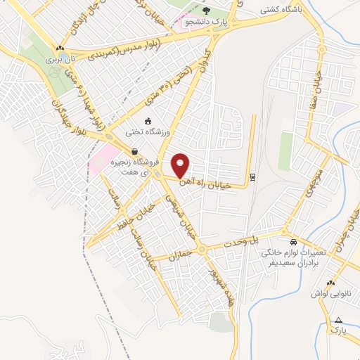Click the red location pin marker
point(181,166)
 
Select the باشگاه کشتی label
point(281,10)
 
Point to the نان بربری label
point(60,60)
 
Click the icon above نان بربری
point(60,49)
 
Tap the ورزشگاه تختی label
point(148,131)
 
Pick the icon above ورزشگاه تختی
point(148,120)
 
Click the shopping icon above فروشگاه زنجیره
point(134,151)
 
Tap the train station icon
point(253,176)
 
